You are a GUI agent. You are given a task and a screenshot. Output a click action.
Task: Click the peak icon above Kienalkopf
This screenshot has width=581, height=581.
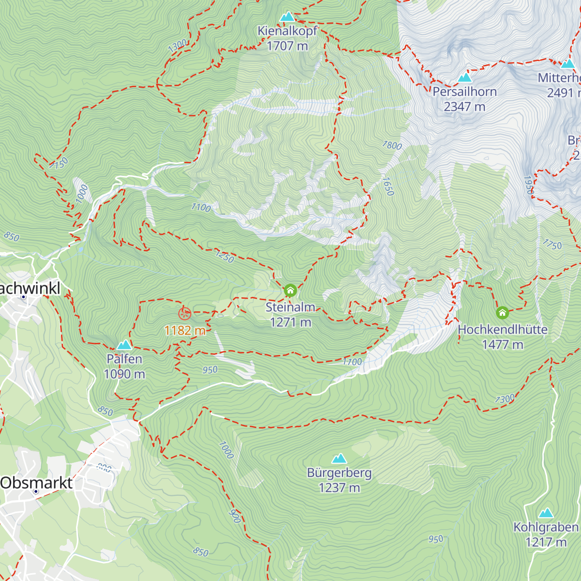pyautogui.click(x=288, y=17)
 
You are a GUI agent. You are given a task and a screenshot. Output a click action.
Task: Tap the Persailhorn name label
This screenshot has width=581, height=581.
pyautogui.click(x=464, y=92)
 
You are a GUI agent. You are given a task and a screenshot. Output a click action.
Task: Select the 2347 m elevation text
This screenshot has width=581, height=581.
pyautogui.click(x=464, y=107)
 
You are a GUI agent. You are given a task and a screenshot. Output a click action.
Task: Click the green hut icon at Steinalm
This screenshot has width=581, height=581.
pyautogui.click(x=290, y=290)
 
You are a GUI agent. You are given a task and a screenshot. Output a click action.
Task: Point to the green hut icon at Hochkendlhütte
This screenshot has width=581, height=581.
pyautogui.click(x=503, y=312)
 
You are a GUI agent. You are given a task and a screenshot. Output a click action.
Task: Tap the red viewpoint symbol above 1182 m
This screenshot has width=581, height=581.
pyautogui.click(x=185, y=314)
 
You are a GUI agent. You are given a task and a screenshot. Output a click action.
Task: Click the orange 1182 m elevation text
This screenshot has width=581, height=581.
pyautogui.click(x=185, y=330)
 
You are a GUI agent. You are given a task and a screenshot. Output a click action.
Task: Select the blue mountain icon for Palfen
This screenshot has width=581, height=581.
pyautogui.click(x=124, y=345)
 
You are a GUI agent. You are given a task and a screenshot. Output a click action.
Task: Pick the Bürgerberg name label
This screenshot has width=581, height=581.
pyautogui.click(x=339, y=473)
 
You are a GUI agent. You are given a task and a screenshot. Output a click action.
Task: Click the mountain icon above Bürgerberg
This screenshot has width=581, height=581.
pyautogui.click(x=339, y=458)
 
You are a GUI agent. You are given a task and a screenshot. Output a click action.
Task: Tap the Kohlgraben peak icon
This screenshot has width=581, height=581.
pyautogui.click(x=546, y=513)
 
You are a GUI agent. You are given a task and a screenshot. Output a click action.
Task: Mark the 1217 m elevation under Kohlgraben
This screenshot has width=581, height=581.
pyautogui.click(x=546, y=542)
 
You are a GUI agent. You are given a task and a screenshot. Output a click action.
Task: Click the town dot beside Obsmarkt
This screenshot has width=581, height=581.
pyautogui.click(x=36, y=491)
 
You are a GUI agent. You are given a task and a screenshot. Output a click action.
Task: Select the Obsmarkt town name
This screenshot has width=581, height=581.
pyautogui.click(x=36, y=483)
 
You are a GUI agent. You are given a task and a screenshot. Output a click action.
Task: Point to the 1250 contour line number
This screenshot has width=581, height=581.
pyautogui.click(x=225, y=257)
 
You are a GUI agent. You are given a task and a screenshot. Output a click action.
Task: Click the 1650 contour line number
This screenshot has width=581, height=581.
pyautogui.click(x=388, y=186)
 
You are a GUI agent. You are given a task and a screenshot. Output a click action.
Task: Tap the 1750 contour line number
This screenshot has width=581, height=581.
pyautogui.click(x=552, y=245)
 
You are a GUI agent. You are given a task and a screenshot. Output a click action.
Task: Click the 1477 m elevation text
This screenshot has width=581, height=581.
pyautogui.click(x=503, y=344)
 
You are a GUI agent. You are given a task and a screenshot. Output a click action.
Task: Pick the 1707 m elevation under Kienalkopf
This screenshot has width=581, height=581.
pyautogui.click(x=287, y=46)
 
